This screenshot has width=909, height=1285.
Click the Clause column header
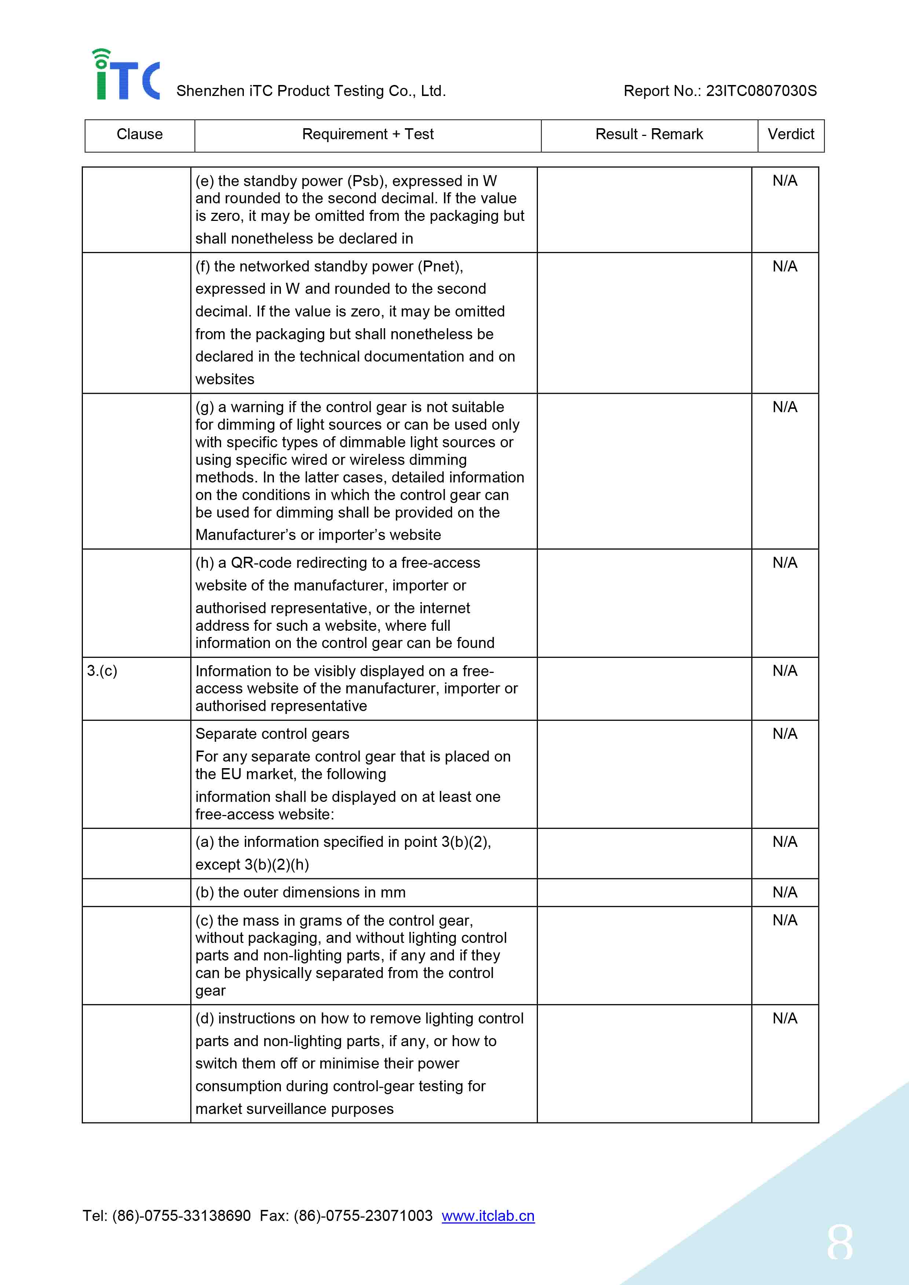pyautogui.click(x=139, y=135)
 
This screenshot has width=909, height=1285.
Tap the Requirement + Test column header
pyautogui.click(x=367, y=135)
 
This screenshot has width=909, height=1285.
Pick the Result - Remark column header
pyautogui.click(x=649, y=135)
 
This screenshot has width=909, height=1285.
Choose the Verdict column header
pyautogui.click(x=790, y=135)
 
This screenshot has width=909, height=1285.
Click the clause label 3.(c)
pyautogui.click(x=102, y=670)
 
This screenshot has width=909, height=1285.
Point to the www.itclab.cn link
pyautogui.click(x=488, y=1216)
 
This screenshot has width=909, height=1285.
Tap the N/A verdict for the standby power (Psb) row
pyautogui.click(x=785, y=181)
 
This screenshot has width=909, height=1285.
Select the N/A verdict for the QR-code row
pyautogui.click(x=785, y=563)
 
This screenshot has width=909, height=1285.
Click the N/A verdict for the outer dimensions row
pyautogui.click(x=785, y=892)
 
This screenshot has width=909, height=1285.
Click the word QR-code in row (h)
pyautogui.click(x=255, y=563)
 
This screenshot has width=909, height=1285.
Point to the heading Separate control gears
pyautogui.click(x=272, y=734)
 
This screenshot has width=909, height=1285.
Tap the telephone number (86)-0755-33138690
pyautogui.click(x=182, y=1216)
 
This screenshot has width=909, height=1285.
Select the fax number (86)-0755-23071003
pyautogui.click(x=363, y=1216)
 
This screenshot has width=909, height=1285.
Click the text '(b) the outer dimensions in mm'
pyautogui.click(x=300, y=892)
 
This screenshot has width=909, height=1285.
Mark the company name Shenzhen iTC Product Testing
pyautogui.click(x=311, y=91)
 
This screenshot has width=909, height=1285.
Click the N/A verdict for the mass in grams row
pyautogui.click(x=785, y=920)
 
